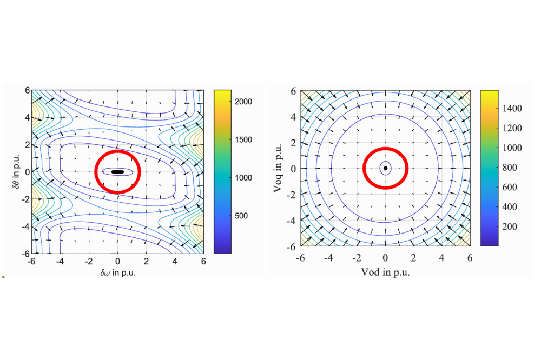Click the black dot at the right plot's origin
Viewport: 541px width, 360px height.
point(385,168)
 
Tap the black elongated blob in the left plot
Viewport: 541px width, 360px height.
point(117,172)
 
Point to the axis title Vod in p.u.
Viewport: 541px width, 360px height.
point(385,272)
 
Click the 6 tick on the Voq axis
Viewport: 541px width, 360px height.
point(292,91)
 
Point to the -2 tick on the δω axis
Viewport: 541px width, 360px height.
point(88,261)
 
